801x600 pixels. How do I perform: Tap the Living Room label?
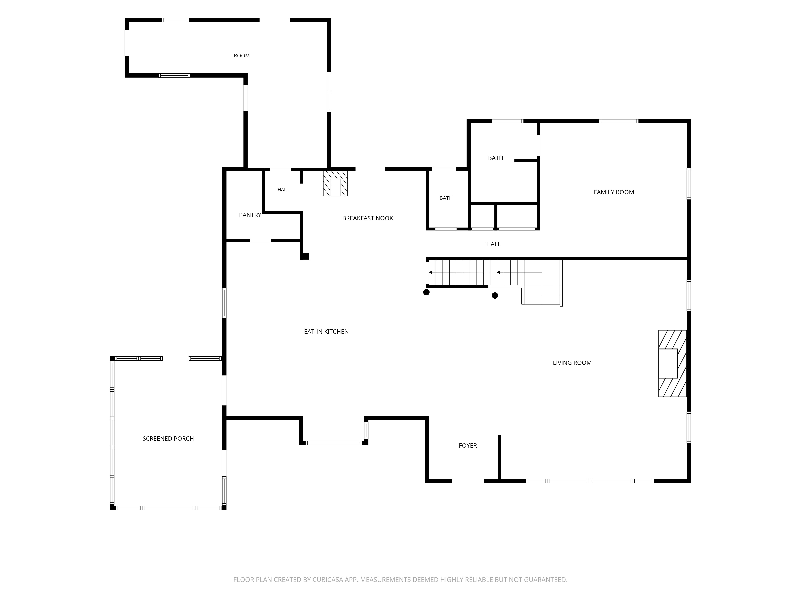(x=572, y=363)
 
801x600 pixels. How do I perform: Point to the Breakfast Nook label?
(x=367, y=218)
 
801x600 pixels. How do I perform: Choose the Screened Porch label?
(x=168, y=439)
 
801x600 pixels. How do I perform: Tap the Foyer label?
(x=468, y=446)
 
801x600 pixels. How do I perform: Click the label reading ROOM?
(x=242, y=56)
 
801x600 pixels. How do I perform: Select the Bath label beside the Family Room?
(x=495, y=158)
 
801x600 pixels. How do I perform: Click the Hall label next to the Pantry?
(x=283, y=190)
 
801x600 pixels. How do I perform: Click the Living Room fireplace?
(x=672, y=363)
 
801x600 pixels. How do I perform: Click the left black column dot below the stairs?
(x=427, y=292)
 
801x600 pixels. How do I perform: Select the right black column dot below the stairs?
(x=495, y=295)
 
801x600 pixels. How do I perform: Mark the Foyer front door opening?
(x=468, y=481)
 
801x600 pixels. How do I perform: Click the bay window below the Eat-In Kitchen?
(x=333, y=443)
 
